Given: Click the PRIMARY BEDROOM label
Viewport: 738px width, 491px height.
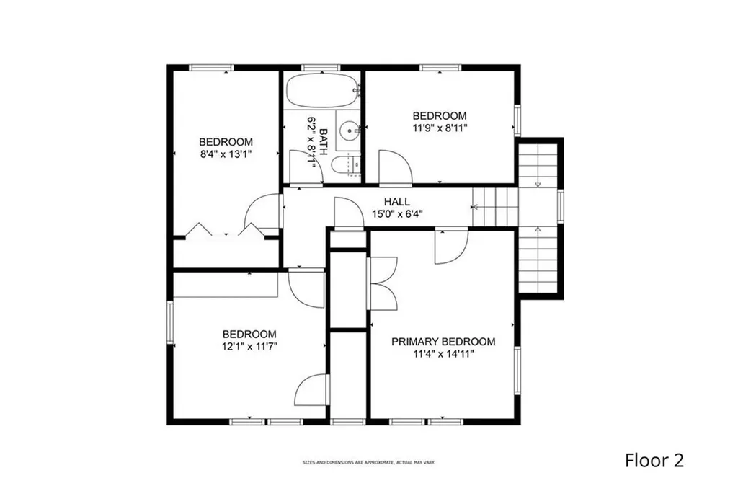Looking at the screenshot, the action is point(443,341).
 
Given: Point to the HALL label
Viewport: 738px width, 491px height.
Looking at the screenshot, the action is point(397,202).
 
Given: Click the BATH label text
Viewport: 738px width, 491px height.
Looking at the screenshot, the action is point(324,142).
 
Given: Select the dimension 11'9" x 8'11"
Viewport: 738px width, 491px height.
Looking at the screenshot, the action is point(440,128).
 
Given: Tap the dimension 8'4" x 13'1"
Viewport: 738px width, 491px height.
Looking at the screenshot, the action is point(226,154).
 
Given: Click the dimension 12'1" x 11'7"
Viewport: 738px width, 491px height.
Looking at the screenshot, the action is point(249,347).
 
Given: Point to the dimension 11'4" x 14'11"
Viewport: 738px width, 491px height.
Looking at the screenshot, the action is point(443,353).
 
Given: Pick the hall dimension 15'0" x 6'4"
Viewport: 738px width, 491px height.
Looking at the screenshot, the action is point(397,214).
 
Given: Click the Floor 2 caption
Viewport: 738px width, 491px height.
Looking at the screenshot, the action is point(654,460).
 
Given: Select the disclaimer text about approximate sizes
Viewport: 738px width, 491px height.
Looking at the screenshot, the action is point(368,463).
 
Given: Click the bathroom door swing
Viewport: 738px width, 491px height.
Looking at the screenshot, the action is point(306,167).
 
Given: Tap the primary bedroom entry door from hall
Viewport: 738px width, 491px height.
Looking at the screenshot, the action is point(450,246).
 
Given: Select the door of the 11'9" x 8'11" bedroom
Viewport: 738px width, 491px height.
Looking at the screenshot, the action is point(396,167).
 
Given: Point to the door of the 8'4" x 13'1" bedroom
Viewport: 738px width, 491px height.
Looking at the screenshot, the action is point(264,211).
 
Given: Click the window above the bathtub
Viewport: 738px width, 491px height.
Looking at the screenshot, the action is point(321,68).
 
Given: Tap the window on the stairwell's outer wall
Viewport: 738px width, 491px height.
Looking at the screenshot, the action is point(560,205).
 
